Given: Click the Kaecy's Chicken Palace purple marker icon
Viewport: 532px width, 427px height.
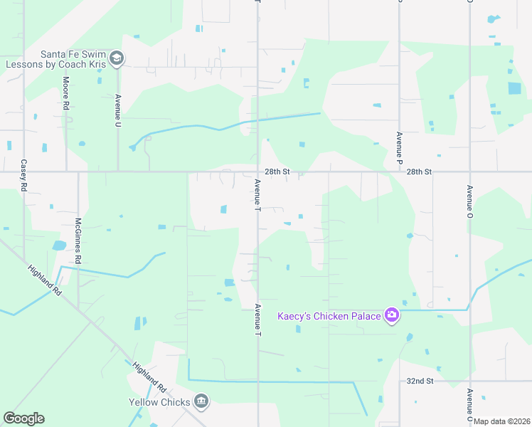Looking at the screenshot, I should [391, 315].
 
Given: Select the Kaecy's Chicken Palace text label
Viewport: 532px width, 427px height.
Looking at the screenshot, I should [329, 316].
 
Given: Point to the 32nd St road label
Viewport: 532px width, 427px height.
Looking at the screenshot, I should [420, 381].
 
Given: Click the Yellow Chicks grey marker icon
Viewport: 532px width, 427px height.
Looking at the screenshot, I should [202, 402].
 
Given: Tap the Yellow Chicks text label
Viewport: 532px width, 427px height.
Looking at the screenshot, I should [159, 402].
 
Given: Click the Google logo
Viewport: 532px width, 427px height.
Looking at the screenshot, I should [23, 418].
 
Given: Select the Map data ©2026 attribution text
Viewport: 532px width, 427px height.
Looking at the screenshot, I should [501, 421].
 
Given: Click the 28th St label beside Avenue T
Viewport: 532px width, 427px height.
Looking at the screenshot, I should [277, 172].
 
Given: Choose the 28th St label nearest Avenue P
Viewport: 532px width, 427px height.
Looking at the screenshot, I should [420, 172].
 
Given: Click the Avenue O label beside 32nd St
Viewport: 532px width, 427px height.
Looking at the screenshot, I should [469, 403].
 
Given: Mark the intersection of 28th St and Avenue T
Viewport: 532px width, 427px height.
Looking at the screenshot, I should [257, 172].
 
